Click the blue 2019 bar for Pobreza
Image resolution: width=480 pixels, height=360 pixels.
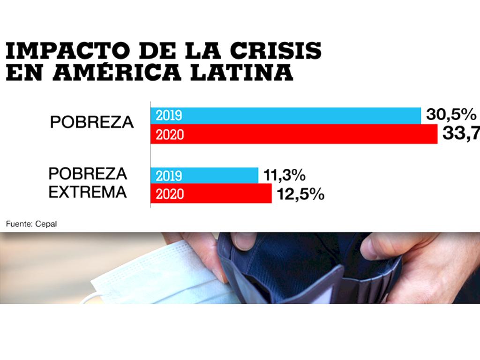click(x=285, y=115)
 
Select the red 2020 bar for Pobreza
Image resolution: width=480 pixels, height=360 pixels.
click(x=294, y=135)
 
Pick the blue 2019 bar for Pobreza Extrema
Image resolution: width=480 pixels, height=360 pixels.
click(x=204, y=175)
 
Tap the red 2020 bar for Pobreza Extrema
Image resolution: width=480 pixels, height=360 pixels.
click(x=211, y=194)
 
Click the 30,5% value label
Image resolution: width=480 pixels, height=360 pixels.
click(x=451, y=114)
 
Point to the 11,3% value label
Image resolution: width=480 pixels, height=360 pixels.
click(x=284, y=176)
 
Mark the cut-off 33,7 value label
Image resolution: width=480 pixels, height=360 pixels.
click(x=461, y=135)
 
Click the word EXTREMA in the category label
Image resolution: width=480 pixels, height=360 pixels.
click(x=88, y=192)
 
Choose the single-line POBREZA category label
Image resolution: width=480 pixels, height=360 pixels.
click(x=92, y=122)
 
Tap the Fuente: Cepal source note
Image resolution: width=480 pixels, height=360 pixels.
click(x=31, y=224)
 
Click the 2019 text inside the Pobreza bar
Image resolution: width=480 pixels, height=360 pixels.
click(x=169, y=116)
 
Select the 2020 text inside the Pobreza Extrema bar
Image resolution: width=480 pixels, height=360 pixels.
click(x=170, y=194)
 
